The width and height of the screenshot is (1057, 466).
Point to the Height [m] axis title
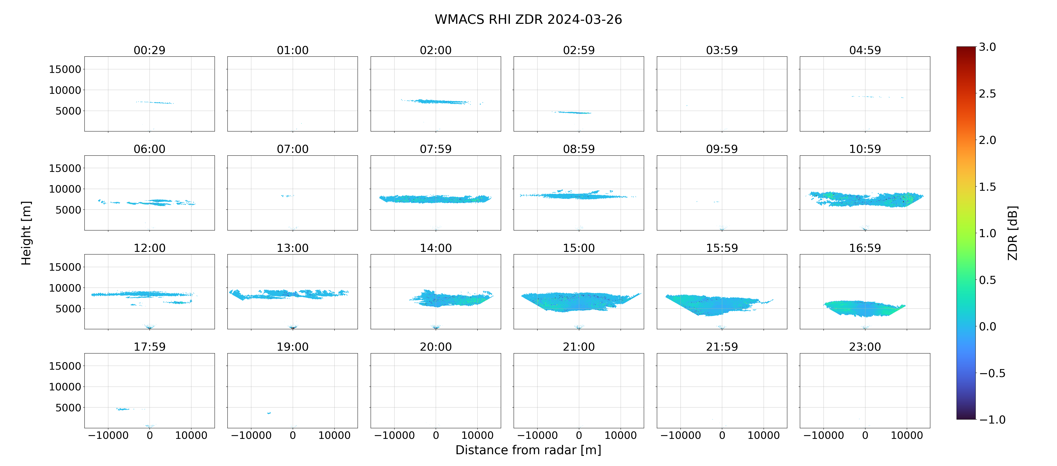tap(26, 233)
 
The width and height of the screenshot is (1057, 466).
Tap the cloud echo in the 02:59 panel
tap(572, 112)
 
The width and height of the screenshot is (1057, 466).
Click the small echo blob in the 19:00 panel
tap(269, 413)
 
